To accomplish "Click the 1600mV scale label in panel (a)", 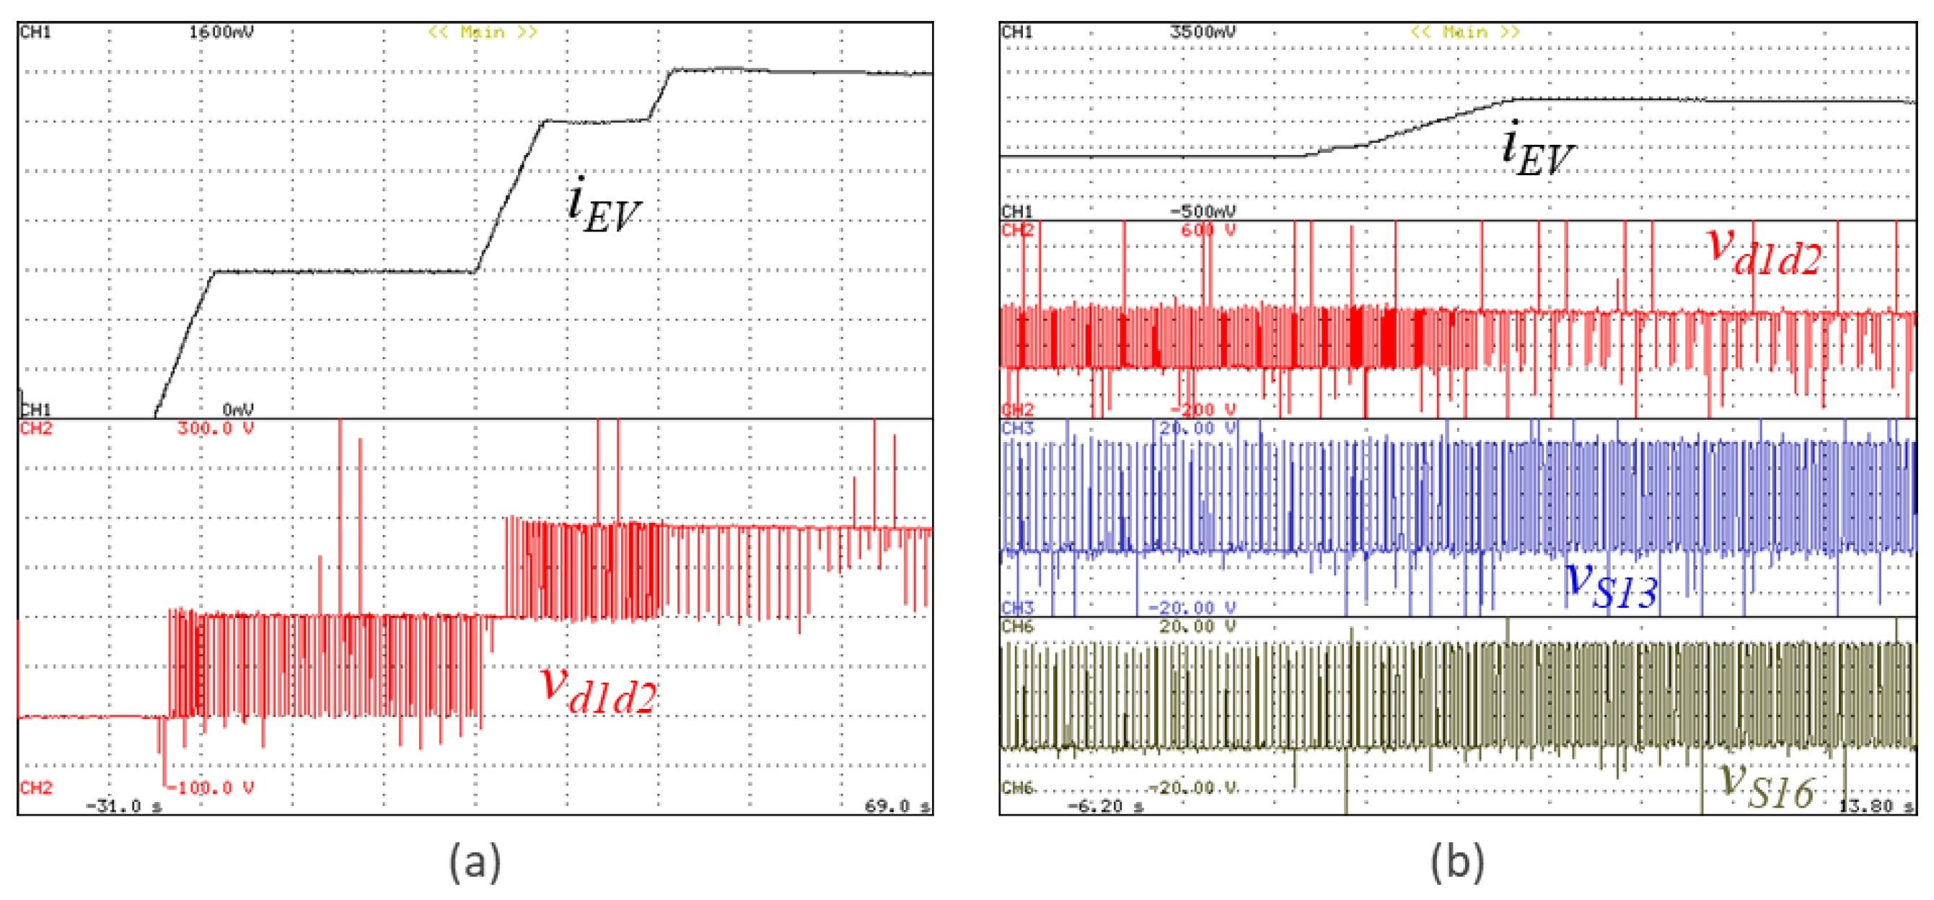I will point(221,32).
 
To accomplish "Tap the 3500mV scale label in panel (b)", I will point(1202,32).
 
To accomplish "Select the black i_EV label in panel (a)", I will point(604,206).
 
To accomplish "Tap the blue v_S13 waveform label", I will point(1611,586).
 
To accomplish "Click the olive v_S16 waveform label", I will point(1767,784).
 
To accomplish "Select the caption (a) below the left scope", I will point(475,861).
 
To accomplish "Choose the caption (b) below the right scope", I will point(1456,861).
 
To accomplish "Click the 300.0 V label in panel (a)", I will point(215,428).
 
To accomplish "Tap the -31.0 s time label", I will point(124,806).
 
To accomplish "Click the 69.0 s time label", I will point(897,806).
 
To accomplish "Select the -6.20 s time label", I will point(1105,806).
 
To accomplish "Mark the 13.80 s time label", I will point(1876,806).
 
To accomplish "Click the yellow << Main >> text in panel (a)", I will point(483,32).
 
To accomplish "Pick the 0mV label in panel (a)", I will point(238,409).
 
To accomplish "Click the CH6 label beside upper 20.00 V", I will point(1017,626).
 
